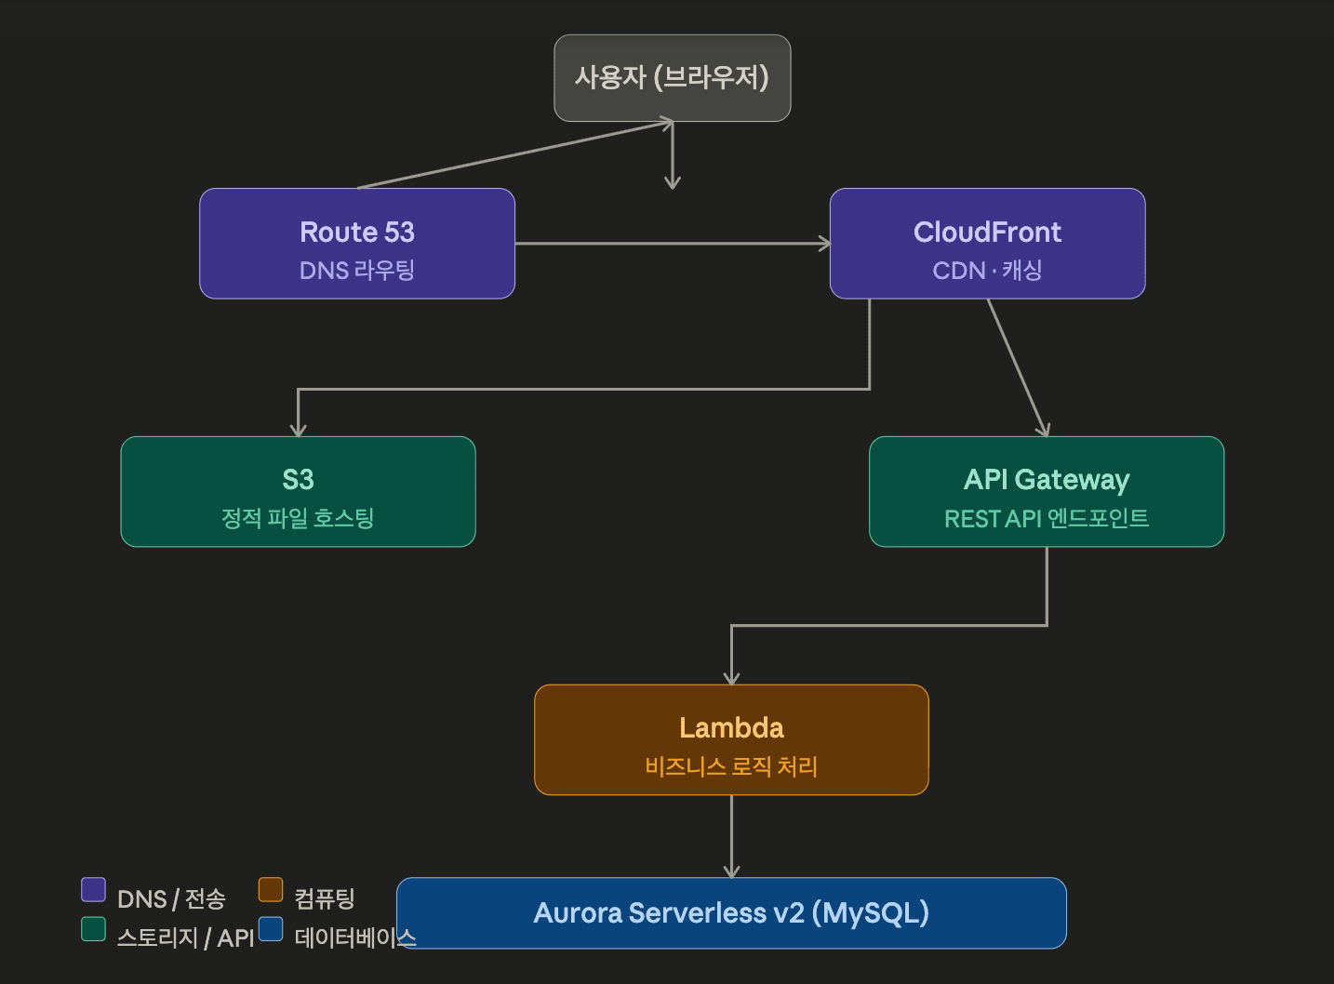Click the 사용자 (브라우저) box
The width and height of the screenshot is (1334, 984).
pos(672,78)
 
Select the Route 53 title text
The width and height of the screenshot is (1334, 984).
pos(357,232)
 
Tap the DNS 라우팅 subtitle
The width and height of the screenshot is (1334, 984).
pos(357,271)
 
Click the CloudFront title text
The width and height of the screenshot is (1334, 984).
pos(987,232)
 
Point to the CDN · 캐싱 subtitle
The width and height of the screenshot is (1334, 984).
pos(987,271)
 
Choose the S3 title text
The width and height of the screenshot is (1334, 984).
pos(298,480)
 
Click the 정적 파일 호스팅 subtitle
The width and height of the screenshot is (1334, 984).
pos(298,518)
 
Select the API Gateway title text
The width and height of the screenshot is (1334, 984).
pos(1047,480)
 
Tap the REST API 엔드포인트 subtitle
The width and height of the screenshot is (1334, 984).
pos(1047,518)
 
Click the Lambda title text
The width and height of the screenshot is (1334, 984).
pos(731,727)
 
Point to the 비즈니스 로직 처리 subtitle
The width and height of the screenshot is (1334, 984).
pos(731,766)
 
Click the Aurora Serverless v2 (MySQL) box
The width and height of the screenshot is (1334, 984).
pos(731,913)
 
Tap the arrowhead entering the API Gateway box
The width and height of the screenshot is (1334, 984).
pos(1044,430)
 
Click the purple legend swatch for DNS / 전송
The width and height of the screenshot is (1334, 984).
pos(93,890)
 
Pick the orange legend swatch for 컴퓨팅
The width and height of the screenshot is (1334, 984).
pos(271,890)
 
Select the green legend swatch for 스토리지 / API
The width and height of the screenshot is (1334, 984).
pos(93,929)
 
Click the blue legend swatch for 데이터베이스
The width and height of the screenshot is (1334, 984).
pos(271,929)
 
